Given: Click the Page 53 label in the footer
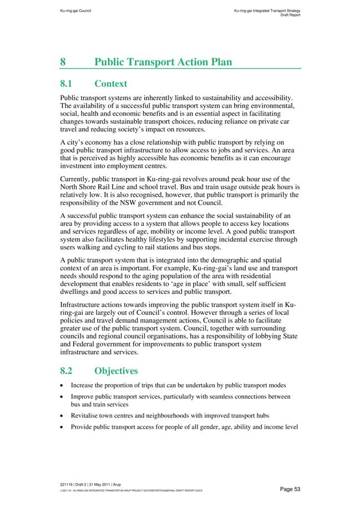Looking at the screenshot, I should pyautogui.click(x=290, y=489).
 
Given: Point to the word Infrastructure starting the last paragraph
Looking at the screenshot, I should pyautogui.click(x=82, y=305).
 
